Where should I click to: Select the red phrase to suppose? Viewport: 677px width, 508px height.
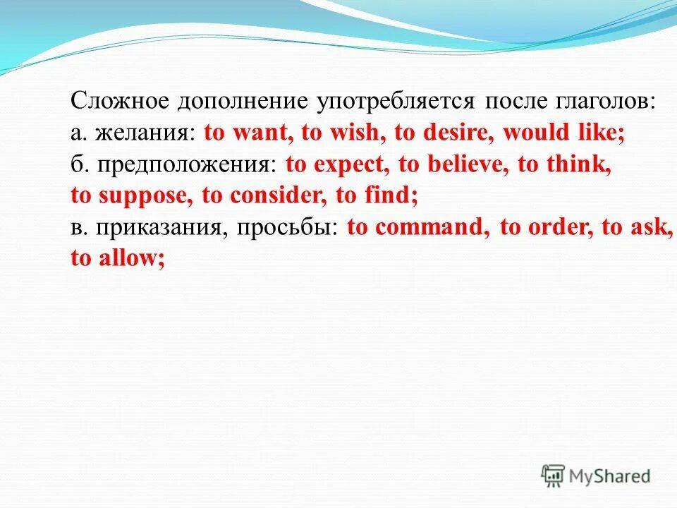tap(131, 196)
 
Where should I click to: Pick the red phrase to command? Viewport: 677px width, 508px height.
tap(417, 228)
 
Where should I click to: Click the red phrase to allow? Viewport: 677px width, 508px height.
tap(117, 258)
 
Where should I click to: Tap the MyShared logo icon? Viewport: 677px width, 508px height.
tap(554, 475)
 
